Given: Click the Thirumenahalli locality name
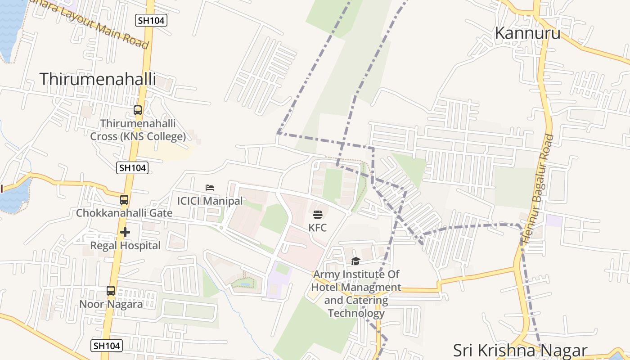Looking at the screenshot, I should [x=98, y=79].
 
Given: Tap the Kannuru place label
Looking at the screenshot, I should [x=527, y=33].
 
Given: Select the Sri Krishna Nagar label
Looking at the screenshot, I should [x=520, y=350].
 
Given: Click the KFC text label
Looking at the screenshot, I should [x=317, y=228].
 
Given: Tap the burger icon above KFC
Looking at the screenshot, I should [x=317, y=215].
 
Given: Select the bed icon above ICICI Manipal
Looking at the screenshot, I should [x=210, y=188].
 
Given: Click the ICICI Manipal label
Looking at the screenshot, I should [x=210, y=201].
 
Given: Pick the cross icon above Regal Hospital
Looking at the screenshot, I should [x=125, y=232].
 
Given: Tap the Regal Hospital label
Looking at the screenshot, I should [x=125, y=246].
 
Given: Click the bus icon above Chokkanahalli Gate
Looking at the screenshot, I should [x=124, y=200].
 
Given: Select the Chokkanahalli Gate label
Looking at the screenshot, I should [x=124, y=213].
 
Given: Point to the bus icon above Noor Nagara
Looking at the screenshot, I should [x=111, y=291].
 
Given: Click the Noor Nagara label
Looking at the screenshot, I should [x=111, y=304].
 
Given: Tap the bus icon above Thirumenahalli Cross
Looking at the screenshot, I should [x=138, y=110].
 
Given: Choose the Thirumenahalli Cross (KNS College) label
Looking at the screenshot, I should [x=138, y=130].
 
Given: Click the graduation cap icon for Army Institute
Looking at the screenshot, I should [x=355, y=261].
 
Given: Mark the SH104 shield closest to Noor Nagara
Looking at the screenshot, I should [x=107, y=346].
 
